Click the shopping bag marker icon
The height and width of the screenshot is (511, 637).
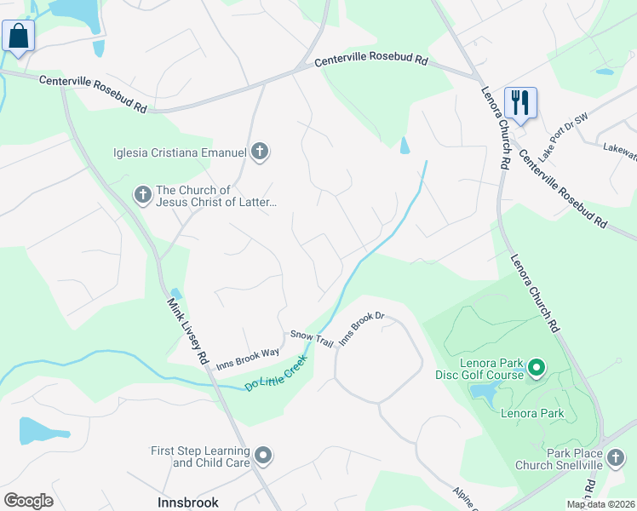[18, 37]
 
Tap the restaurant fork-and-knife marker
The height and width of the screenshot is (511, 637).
[519, 103]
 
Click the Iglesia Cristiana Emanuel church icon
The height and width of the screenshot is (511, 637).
[261, 152]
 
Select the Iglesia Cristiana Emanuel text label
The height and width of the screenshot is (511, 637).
[180, 153]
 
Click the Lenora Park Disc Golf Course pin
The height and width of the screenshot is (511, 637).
[536, 368]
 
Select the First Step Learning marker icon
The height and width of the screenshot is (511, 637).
[262, 456]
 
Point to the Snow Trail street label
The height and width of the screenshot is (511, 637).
[312, 338]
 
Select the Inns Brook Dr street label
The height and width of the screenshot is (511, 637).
[362, 328]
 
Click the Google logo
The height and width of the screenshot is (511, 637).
[28, 501]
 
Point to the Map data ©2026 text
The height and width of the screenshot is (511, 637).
[600, 504]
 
